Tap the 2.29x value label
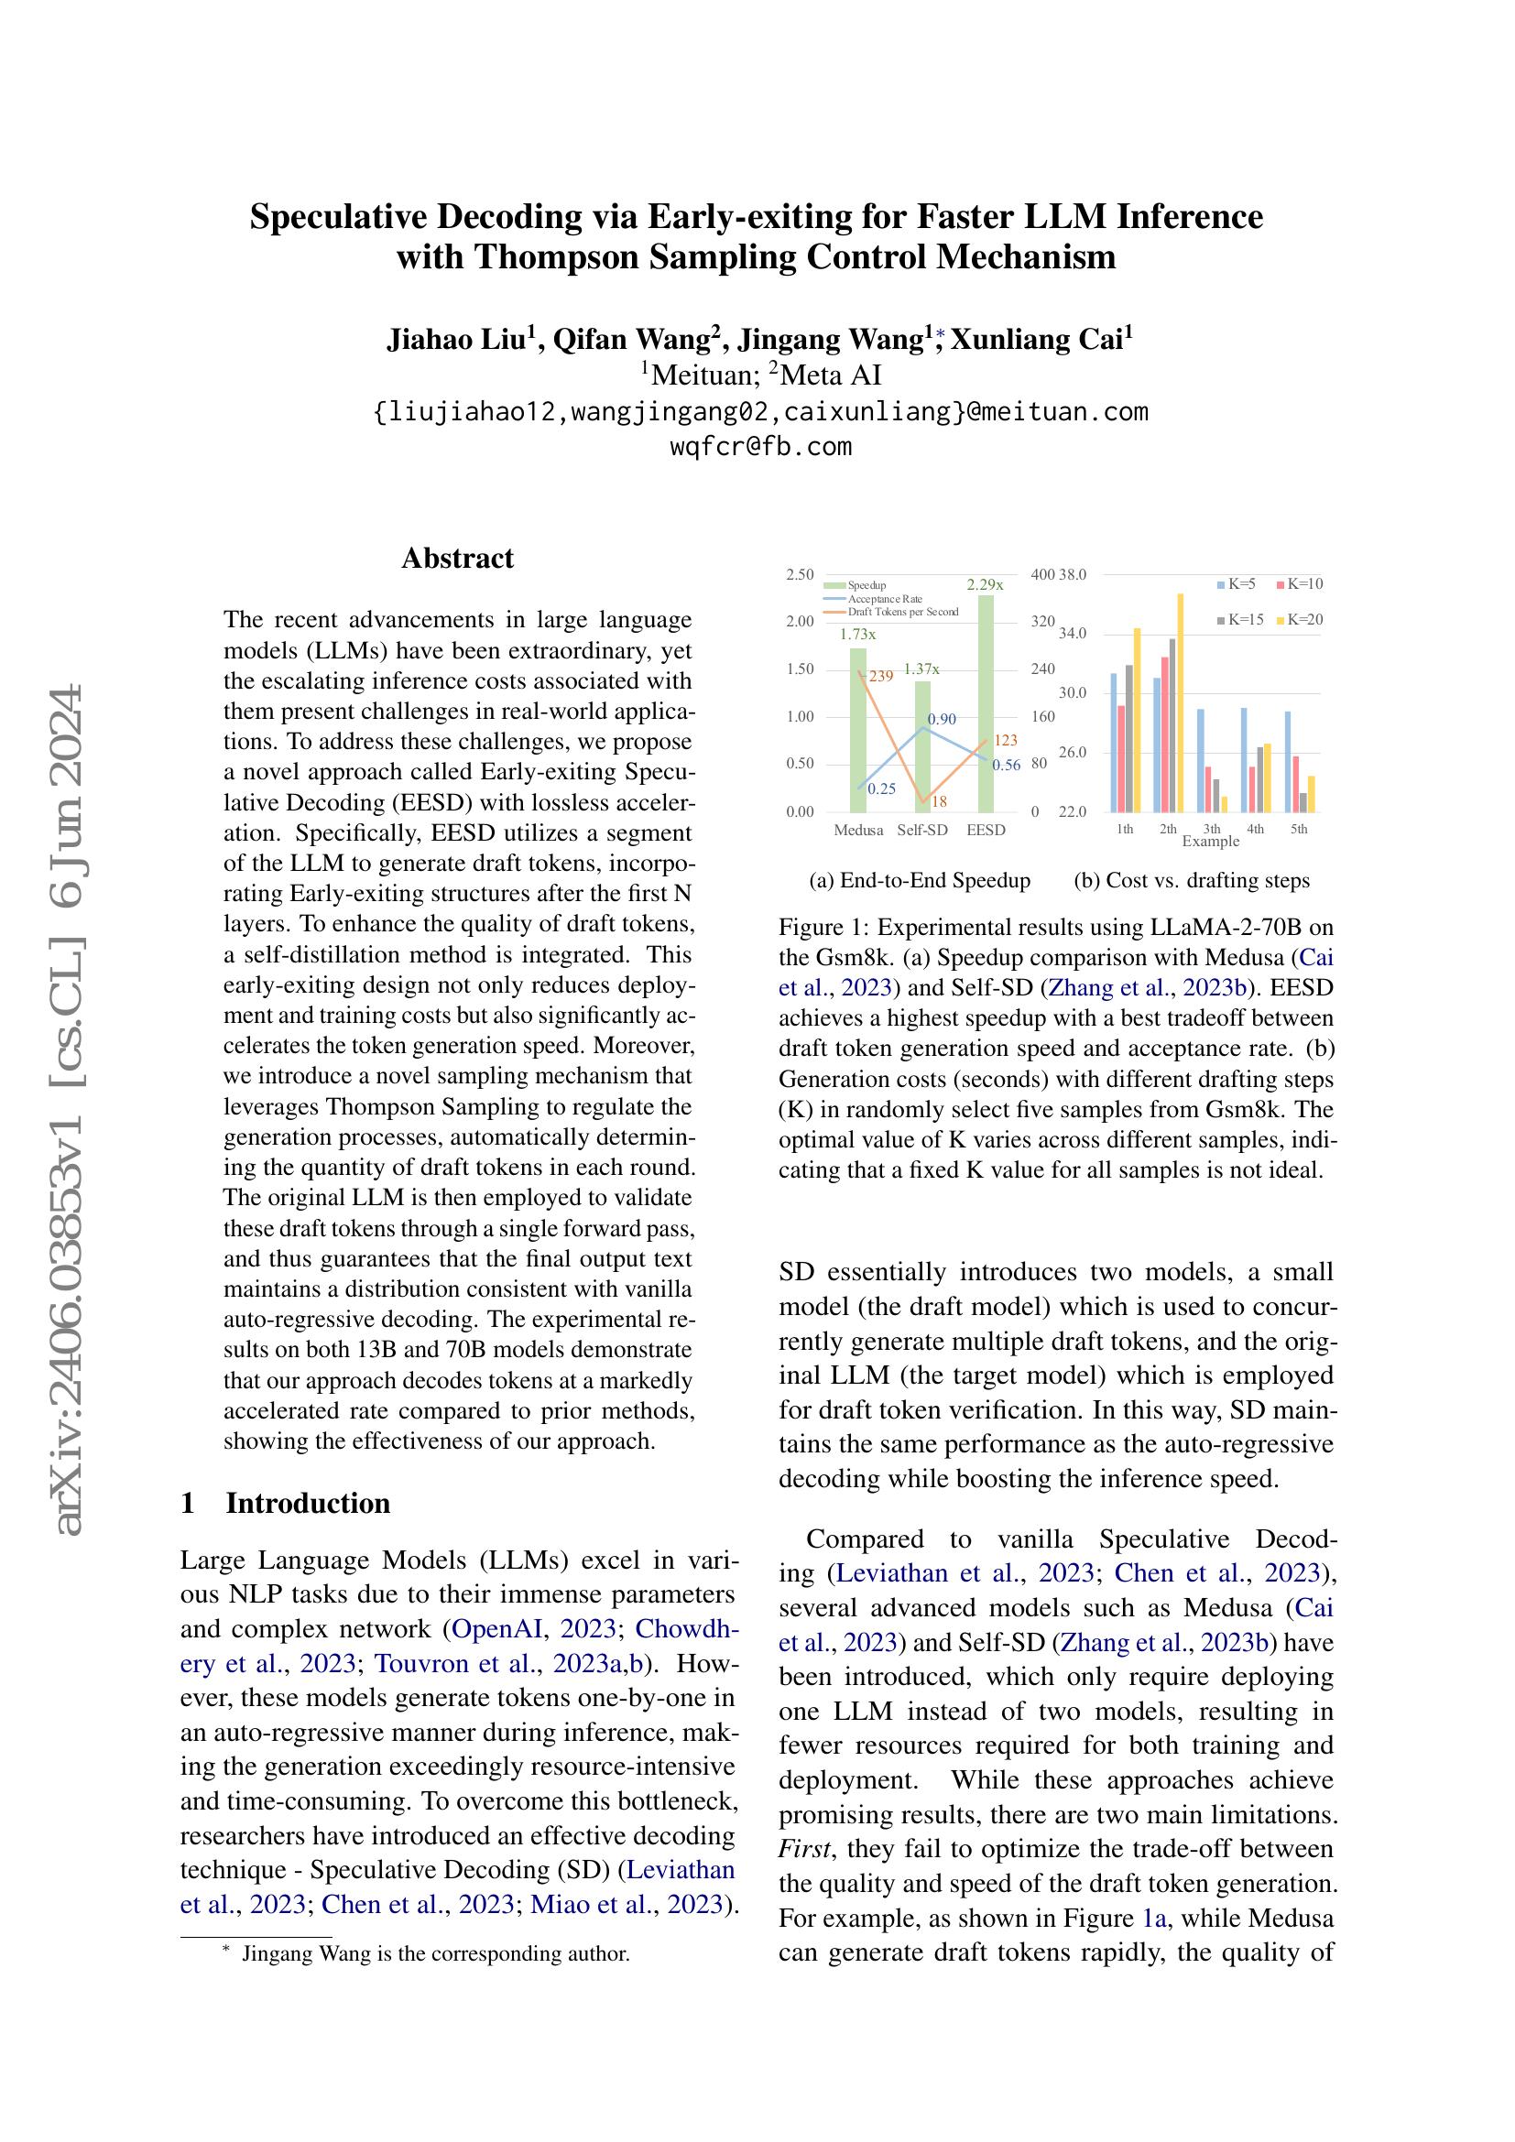[986, 585]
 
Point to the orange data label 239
[880, 677]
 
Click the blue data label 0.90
[943, 719]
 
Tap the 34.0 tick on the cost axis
[1073, 634]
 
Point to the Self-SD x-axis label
[921, 831]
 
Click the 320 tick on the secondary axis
[1042, 621]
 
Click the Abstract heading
[457, 558]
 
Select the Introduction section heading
[308, 1503]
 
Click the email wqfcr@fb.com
[760, 446]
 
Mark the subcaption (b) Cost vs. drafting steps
[1192, 880]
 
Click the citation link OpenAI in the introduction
[496, 1629]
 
